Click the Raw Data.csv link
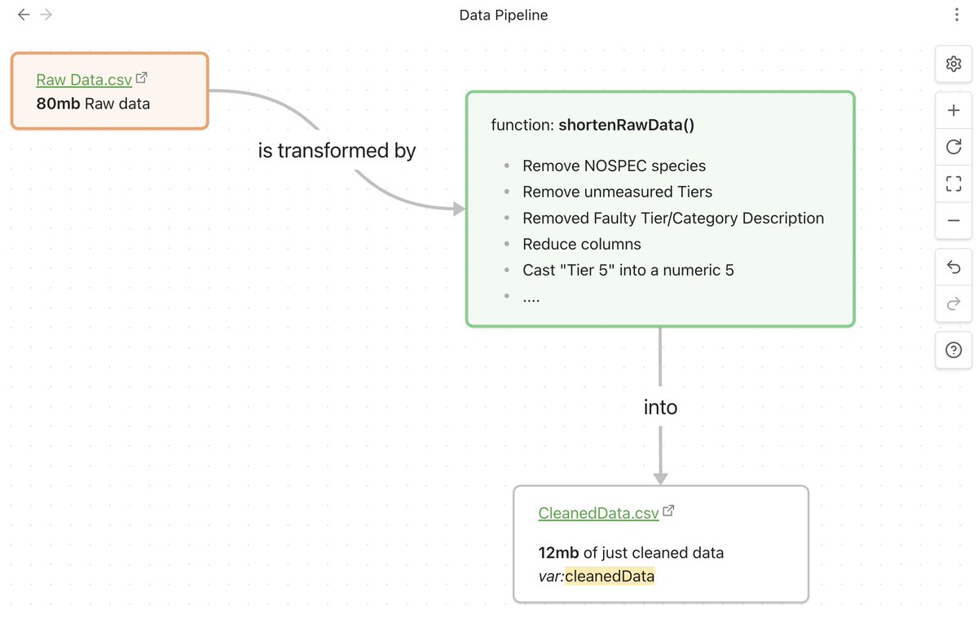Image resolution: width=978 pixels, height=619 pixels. (x=84, y=80)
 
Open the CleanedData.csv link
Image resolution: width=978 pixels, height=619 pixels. (x=598, y=513)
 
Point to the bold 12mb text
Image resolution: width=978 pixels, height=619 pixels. (x=559, y=553)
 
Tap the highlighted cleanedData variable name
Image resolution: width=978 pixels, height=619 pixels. (x=610, y=577)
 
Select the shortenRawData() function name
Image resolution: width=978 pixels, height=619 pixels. (x=626, y=125)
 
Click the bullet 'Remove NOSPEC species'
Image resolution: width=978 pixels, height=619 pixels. (x=614, y=166)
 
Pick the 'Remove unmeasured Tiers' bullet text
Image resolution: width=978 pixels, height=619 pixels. (x=617, y=192)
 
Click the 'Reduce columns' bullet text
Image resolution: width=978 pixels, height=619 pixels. (x=581, y=244)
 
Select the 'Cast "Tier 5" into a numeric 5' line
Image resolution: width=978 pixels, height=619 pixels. (x=628, y=270)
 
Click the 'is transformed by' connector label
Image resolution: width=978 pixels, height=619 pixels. (x=337, y=151)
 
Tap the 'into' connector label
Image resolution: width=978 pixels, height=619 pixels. (x=660, y=407)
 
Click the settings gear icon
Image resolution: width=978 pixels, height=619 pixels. (x=954, y=64)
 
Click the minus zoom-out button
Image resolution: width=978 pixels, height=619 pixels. (x=954, y=220)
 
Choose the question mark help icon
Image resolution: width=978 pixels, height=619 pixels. (x=954, y=350)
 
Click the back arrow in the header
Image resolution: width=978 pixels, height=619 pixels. (x=24, y=15)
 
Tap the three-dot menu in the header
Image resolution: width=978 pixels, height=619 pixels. (x=956, y=15)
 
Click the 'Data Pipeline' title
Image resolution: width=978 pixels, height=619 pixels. (x=503, y=15)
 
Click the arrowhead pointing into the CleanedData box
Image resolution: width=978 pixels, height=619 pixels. (x=660, y=479)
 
